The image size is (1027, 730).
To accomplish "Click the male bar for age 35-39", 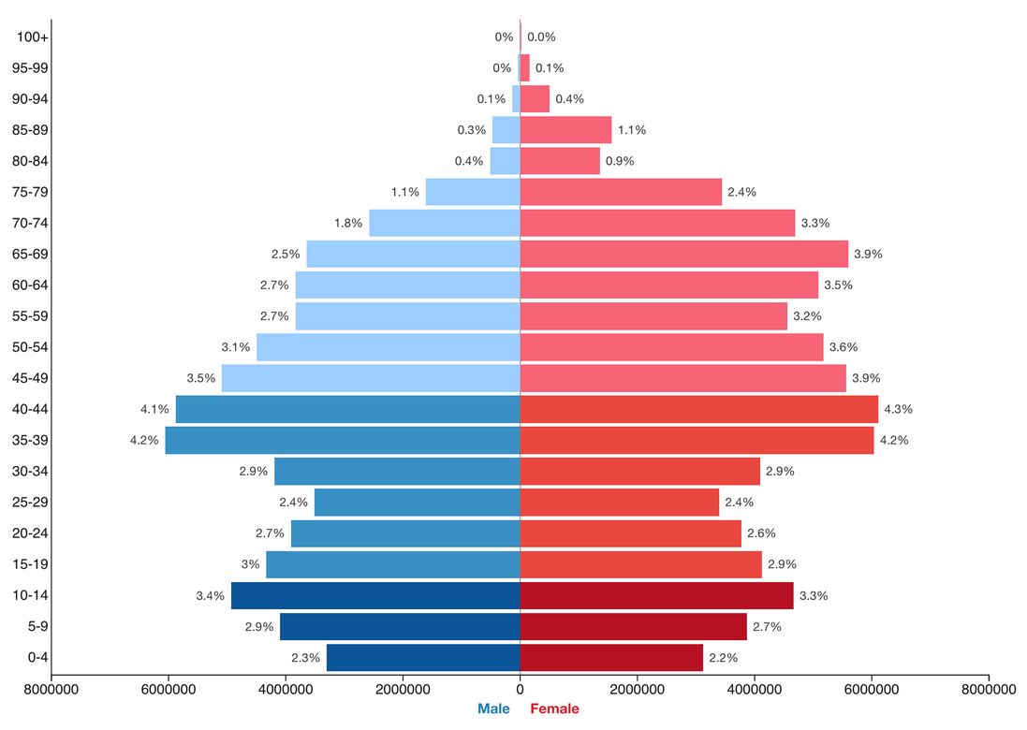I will point(343,440).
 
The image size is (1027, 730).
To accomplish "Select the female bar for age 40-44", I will point(698,409).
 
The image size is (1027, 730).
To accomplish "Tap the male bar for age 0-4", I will point(423,657).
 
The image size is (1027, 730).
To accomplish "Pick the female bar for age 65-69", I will point(683,254).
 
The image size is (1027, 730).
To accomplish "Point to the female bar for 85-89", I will point(565,130).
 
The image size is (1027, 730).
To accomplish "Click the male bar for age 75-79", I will point(473,192).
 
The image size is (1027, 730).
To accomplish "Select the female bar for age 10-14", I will point(656,595).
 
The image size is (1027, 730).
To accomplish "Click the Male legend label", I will point(493,708).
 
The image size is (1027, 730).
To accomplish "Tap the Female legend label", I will point(554,708).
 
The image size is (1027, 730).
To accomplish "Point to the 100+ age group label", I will point(33,37).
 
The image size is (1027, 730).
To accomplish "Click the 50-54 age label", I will point(33,347).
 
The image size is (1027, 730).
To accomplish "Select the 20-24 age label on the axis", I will point(33,533).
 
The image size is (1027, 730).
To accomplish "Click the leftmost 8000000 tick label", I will point(51,690).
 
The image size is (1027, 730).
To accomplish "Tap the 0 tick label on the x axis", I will point(520,690).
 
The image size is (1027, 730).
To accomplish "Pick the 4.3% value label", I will point(898,409).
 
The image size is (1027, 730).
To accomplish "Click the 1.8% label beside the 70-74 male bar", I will point(348,223).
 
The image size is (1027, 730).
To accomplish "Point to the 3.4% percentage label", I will point(211,595).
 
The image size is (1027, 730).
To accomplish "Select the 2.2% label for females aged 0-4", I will point(723,657).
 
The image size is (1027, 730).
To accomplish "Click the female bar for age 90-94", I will point(535,99).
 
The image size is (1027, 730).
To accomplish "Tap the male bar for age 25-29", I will point(417,502).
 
